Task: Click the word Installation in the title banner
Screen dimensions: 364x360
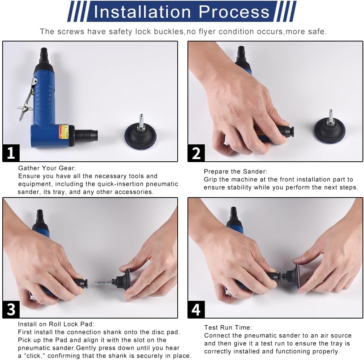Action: tap(142, 12)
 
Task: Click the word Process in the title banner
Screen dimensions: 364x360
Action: tap(234, 12)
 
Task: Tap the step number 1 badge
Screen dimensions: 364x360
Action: tap(11, 153)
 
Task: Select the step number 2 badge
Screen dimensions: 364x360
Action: tap(196, 153)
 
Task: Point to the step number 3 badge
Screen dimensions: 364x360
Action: tap(11, 309)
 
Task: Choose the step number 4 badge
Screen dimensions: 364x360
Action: tap(196, 309)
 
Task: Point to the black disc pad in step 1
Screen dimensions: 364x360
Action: tap(140, 136)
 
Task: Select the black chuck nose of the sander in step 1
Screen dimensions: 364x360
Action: tap(86, 135)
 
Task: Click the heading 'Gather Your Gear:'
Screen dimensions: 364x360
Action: tap(47, 168)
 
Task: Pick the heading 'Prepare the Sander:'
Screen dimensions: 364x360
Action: tap(235, 172)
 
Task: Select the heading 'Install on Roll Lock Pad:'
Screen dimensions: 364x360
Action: tap(56, 324)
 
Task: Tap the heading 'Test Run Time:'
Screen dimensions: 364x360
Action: tap(228, 328)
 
